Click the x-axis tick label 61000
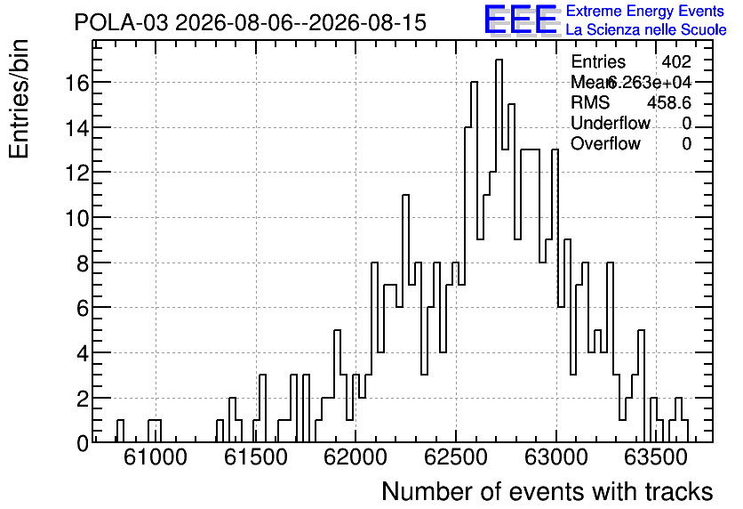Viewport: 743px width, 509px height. click(156, 457)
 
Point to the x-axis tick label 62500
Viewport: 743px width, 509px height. click(455, 457)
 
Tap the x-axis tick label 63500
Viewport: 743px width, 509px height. click(656, 457)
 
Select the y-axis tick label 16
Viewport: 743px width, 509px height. click(76, 83)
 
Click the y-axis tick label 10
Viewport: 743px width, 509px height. click(76, 218)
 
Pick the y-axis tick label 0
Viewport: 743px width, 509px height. click(83, 443)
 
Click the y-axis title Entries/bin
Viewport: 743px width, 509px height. click(20, 99)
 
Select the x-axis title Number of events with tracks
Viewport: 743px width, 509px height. click(547, 491)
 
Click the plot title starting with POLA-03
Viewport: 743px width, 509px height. click(251, 23)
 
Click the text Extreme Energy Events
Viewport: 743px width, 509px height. click(645, 11)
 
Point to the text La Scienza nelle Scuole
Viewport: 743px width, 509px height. click(646, 30)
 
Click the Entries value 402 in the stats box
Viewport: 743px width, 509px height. click(676, 61)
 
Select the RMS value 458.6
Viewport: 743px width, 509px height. click(669, 102)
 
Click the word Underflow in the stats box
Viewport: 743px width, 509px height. click(611, 123)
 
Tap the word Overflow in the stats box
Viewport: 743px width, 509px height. click(605, 143)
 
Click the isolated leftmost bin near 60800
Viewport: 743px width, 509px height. click(120, 432)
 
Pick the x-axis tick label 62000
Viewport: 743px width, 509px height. click(356, 457)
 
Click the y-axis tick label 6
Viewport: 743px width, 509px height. click(83, 309)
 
